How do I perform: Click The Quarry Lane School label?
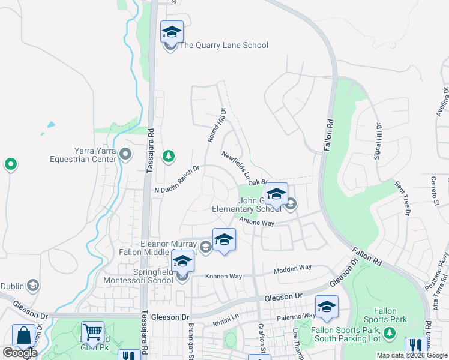pos(224,45)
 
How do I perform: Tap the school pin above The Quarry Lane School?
pos(172,32)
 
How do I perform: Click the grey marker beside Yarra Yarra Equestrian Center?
pos(125,155)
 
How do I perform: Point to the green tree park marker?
pos(169,156)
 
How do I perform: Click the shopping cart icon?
pos(92,331)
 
